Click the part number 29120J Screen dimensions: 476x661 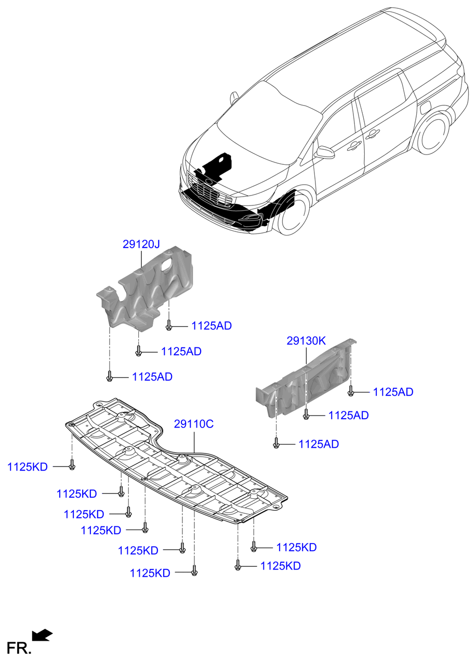click(x=141, y=244)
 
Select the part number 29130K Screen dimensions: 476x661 click(x=306, y=341)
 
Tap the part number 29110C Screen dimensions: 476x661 click(x=193, y=424)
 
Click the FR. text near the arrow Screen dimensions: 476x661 click(x=18, y=648)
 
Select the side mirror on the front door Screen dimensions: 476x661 click(x=325, y=152)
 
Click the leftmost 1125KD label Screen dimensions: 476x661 click(x=28, y=467)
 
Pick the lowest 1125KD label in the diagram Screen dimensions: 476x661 click(x=150, y=573)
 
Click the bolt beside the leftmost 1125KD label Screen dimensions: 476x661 click(x=72, y=465)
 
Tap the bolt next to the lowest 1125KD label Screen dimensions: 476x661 click(x=194, y=571)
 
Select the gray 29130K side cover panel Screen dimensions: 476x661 click(x=305, y=379)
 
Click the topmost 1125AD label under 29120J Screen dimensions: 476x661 click(x=211, y=326)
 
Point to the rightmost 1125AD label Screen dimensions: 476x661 click(x=393, y=392)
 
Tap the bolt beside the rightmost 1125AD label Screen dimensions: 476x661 click(x=350, y=391)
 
